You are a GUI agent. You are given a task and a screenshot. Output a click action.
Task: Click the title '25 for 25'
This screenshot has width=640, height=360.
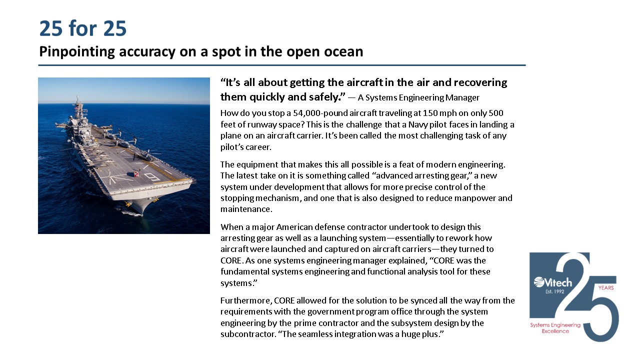(x=83, y=29)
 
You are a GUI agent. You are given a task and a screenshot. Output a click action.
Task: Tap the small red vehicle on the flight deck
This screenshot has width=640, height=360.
(x=134, y=174)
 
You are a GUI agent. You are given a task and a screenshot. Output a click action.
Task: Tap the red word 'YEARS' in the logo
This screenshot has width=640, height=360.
(x=605, y=288)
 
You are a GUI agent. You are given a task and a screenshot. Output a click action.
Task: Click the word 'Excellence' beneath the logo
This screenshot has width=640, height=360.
(x=555, y=331)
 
